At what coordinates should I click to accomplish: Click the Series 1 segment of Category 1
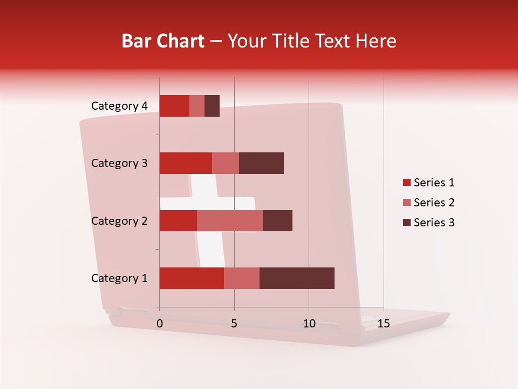coord(192,278)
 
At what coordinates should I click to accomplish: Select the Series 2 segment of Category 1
coord(242,278)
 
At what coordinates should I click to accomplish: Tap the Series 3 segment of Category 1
coord(297,278)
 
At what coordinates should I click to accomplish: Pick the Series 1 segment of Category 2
coord(178,220)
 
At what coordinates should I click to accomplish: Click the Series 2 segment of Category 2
coord(230,220)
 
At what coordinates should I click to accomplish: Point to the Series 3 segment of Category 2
coord(277,220)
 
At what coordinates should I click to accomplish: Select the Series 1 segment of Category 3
coord(186,163)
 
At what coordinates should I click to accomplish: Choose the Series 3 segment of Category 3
coord(261,163)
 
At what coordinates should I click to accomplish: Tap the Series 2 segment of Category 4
coord(197,106)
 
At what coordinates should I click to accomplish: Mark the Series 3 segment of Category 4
coord(212,106)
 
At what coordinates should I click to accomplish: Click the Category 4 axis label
coord(119,106)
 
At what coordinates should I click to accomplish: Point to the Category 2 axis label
coord(119,220)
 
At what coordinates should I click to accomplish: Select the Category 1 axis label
coord(119,278)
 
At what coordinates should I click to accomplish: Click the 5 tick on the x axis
coord(234,324)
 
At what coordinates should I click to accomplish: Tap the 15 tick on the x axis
coord(384,324)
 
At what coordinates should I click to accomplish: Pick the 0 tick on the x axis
coord(160,324)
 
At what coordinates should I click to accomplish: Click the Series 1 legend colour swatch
coord(406,183)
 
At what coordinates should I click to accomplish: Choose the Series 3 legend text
coord(434,223)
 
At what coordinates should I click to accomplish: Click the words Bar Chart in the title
coord(163,41)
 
